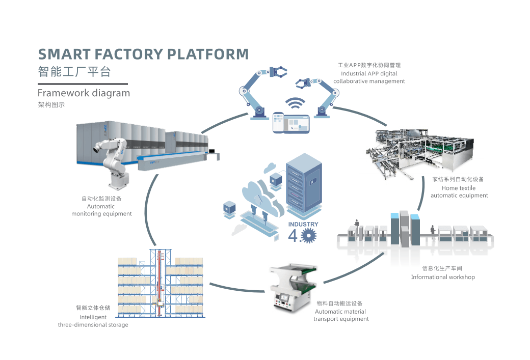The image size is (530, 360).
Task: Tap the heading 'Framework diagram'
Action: (x=84, y=93)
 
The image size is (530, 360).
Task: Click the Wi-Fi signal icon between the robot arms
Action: (x=293, y=103)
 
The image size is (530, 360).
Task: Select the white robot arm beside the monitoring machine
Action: (x=113, y=160)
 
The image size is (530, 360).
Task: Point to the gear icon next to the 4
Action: (x=309, y=235)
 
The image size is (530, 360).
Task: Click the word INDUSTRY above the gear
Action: (x=303, y=224)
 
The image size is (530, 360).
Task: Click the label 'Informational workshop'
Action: (x=443, y=277)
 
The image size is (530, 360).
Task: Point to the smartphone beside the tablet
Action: (x=278, y=123)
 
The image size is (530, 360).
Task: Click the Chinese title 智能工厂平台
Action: (x=74, y=71)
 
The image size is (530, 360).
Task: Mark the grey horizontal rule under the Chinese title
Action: (x=83, y=84)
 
